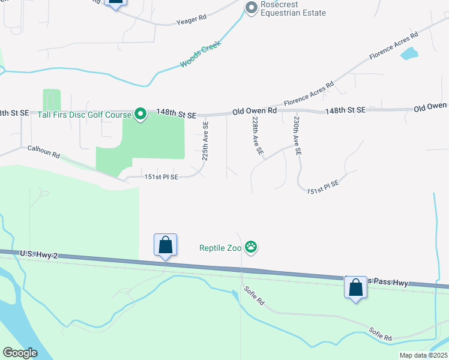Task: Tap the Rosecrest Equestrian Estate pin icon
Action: pyautogui.click(x=251, y=7)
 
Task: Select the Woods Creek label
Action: pyautogui.click(x=200, y=54)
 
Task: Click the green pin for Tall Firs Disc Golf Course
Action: pyautogui.click(x=140, y=113)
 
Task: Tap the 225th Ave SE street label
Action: pyautogui.click(x=205, y=142)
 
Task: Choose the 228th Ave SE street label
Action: pyautogui.click(x=258, y=137)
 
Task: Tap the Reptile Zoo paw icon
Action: pyautogui.click(x=251, y=247)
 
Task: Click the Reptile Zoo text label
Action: pyautogui.click(x=220, y=247)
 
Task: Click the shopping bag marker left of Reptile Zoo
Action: pyautogui.click(x=165, y=245)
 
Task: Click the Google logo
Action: pyautogui.click(x=20, y=352)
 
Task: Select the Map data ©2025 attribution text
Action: pyautogui.click(x=424, y=355)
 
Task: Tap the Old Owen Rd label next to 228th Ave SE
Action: pyautogui.click(x=255, y=111)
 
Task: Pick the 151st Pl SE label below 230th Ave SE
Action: pyautogui.click(x=323, y=188)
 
